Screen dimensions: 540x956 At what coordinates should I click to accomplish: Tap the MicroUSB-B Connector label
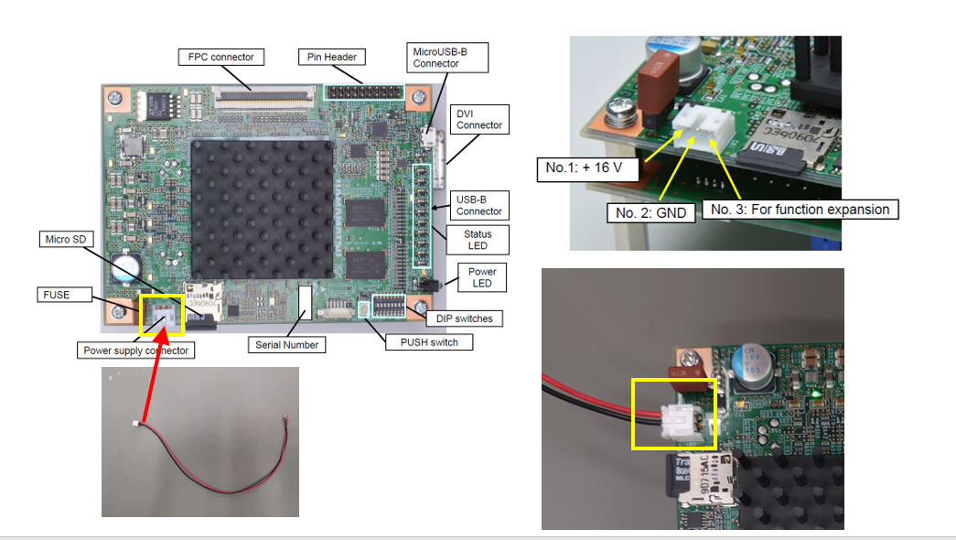(x=448, y=58)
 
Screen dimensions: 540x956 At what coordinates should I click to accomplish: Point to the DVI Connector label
(x=479, y=118)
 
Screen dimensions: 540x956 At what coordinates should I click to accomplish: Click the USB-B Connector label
(x=479, y=205)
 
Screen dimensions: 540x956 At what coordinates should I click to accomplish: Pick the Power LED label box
(x=482, y=277)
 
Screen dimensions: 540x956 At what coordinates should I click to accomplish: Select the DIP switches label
(x=463, y=319)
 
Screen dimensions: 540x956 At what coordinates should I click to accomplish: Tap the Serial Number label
(x=287, y=345)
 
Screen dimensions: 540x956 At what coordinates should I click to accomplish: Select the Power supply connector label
(x=136, y=351)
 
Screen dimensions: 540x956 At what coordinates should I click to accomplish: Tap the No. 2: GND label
(x=650, y=213)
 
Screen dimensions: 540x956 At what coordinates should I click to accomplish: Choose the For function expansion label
(x=800, y=210)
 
